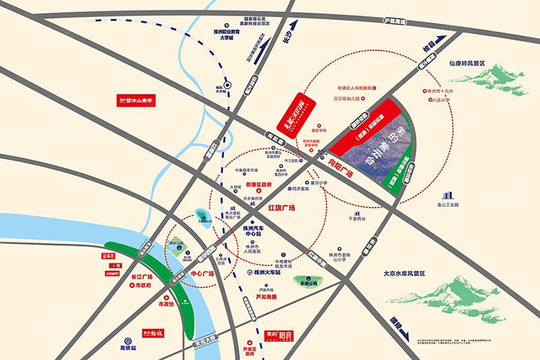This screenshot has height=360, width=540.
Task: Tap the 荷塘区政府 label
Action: point(258,184)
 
